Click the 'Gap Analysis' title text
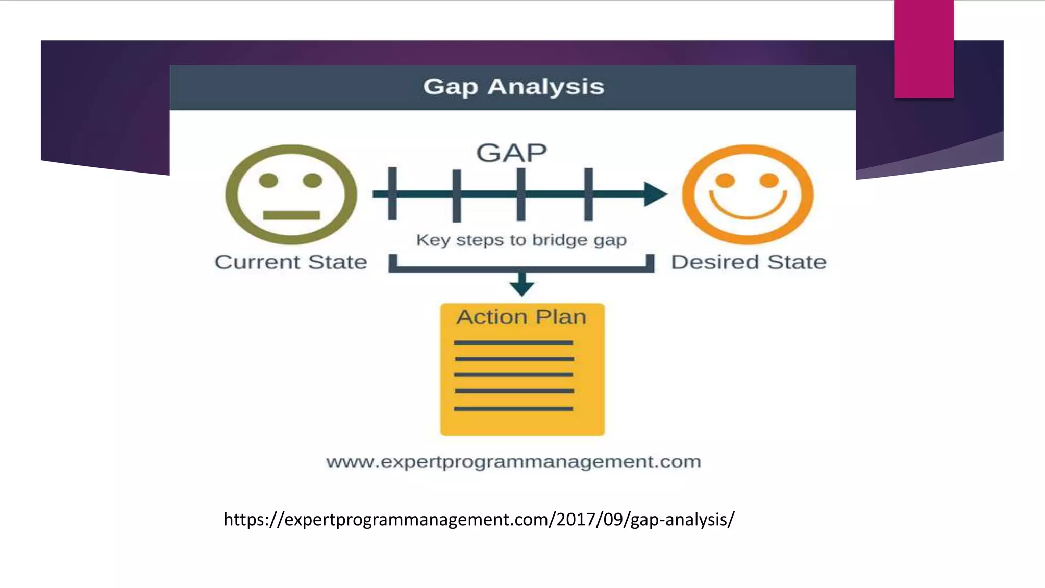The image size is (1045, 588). pyautogui.click(x=513, y=87)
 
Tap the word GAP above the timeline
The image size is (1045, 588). pyautogui.click(x=511, y=153)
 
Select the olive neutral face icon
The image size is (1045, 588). pyautogui.click(x=291, y=194)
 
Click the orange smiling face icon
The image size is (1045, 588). pyautogui.click(x=748, y=194)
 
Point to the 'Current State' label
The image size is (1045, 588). pyautogui.click(x=291, y=262)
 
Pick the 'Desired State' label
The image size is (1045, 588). pyautogui.click(x=749, y=262)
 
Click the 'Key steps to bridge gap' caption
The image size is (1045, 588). pyautogui.click(x=521, y=240)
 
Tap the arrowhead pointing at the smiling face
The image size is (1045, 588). pyautogui.click(x=655, y=194)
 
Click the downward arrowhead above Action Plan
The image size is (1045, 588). pyautogui.click(x=521, y=287)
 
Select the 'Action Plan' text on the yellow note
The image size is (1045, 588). pyautogui.click(x=521, y=317)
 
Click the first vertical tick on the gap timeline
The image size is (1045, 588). pyautogui.click(x=392, y=194)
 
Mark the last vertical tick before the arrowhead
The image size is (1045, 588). pyautogui.click(x=588, y=194)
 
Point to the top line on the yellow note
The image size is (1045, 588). pyautogui.click(x=513, y=343)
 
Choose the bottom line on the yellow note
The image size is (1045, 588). pyautogui.click(x=513, y=409)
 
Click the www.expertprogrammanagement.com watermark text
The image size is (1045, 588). pyautogui.click(x=513, y=462)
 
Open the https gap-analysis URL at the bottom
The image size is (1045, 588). pyautogui.click(x=479, y=520)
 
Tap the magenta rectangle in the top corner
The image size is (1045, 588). pyautogui.click(x=924, y=48)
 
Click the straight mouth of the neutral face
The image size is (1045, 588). pyautogui.click(x=291, y=215)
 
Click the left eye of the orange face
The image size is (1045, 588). pyautogui.click(x=725, y=180)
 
